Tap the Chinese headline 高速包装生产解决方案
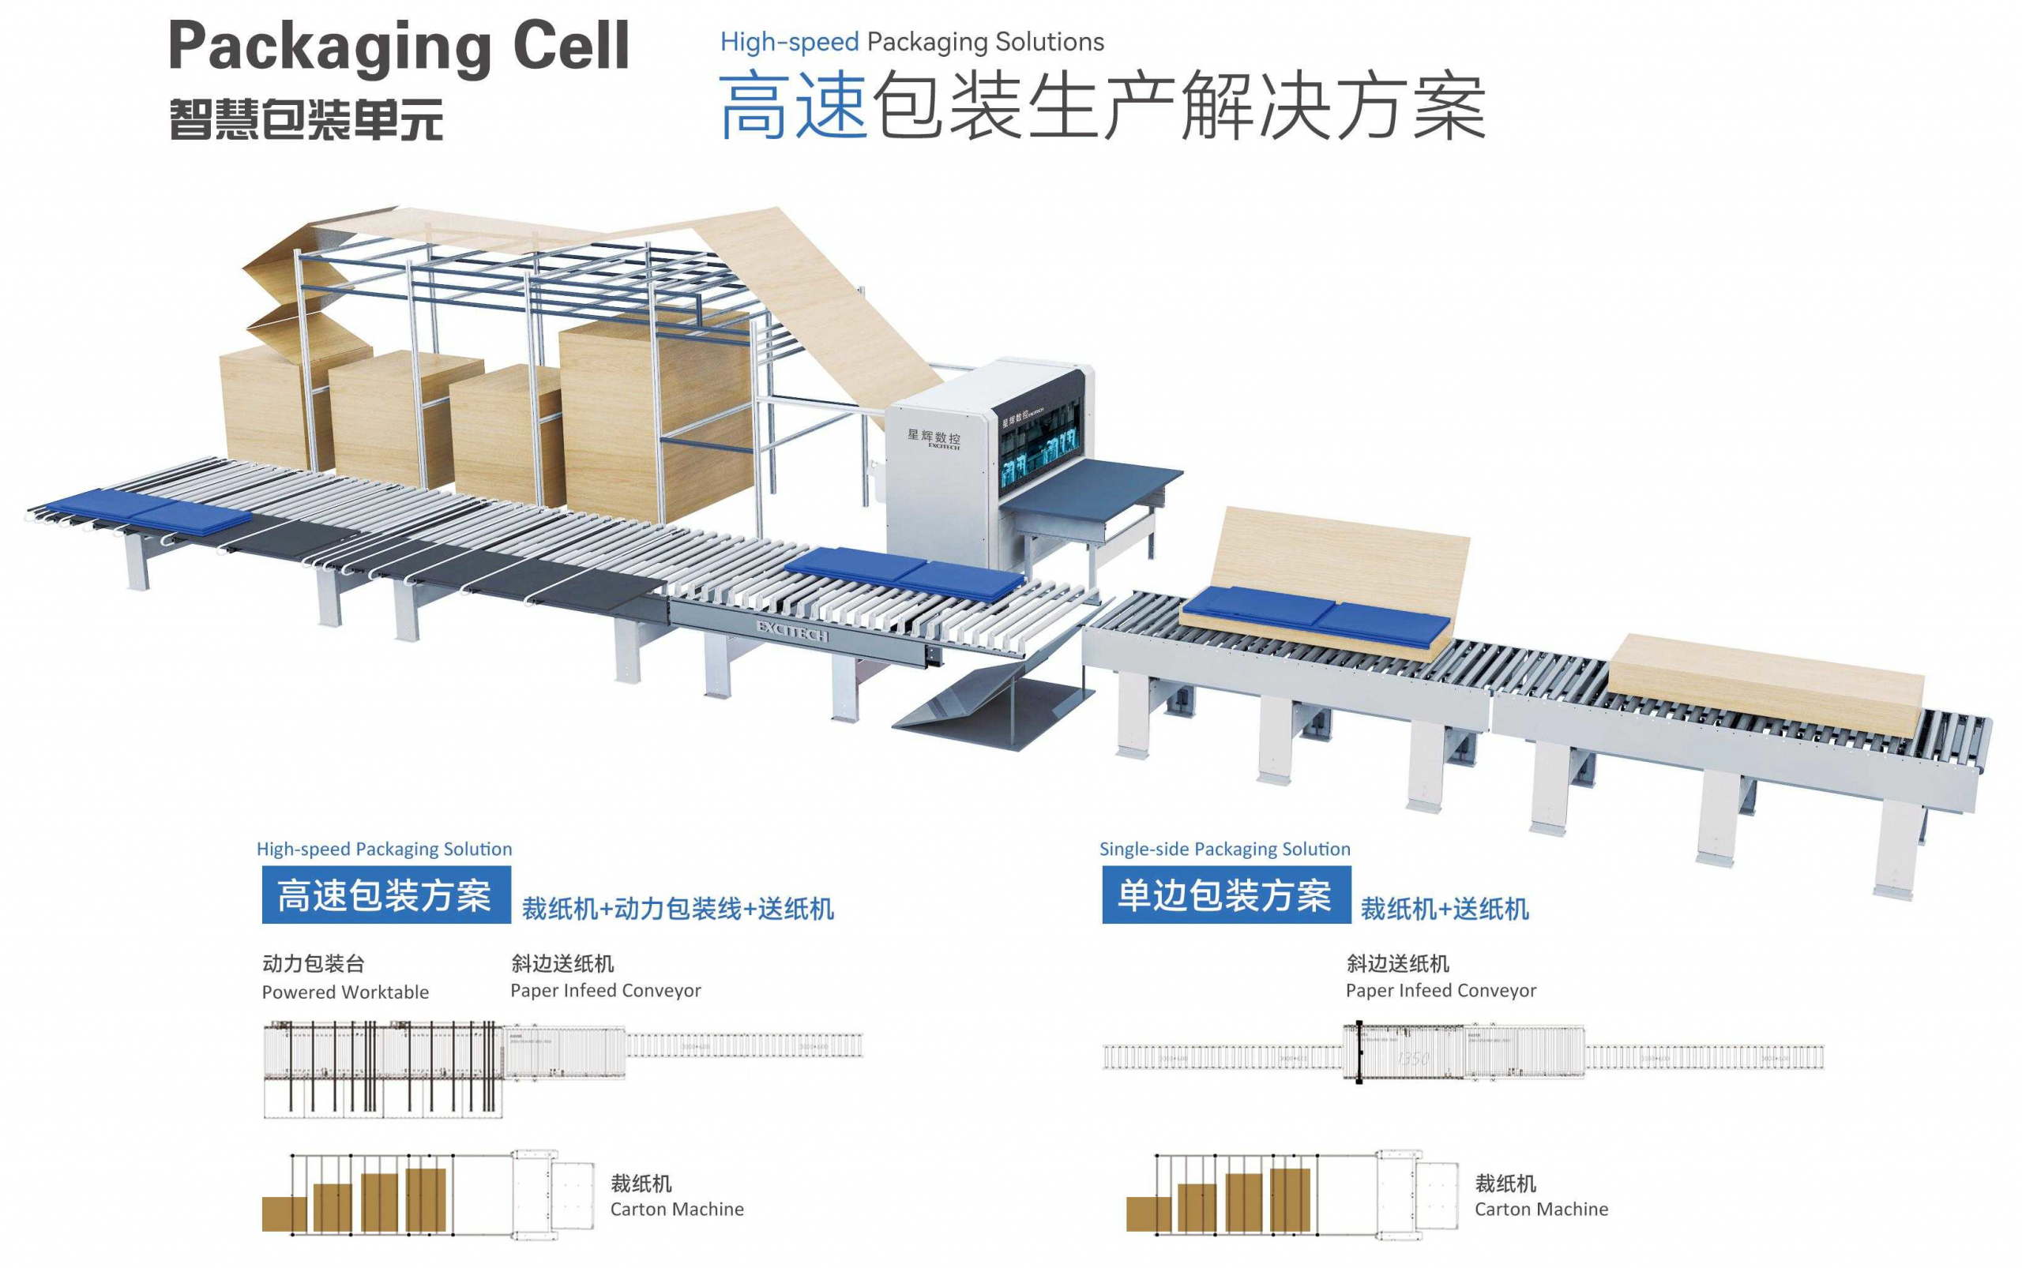(1101, 107)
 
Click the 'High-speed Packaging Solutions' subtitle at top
(911, 41)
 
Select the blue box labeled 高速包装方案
(385, 895)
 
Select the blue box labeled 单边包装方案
(1225, 895)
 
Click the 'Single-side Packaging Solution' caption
(1224, 849)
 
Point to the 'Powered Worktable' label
(345, 992)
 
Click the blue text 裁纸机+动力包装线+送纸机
(677, 908)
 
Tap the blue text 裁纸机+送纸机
(1444, 908)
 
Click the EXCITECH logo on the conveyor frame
(791, 631)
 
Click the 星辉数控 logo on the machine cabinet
(933, 437)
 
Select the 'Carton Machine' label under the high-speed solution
(676, 1209)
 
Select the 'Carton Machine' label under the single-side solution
(1540, 1209)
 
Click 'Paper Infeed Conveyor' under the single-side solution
(1441, 990)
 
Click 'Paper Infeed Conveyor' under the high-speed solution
(605, 990)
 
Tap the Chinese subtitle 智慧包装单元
(306, 119)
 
